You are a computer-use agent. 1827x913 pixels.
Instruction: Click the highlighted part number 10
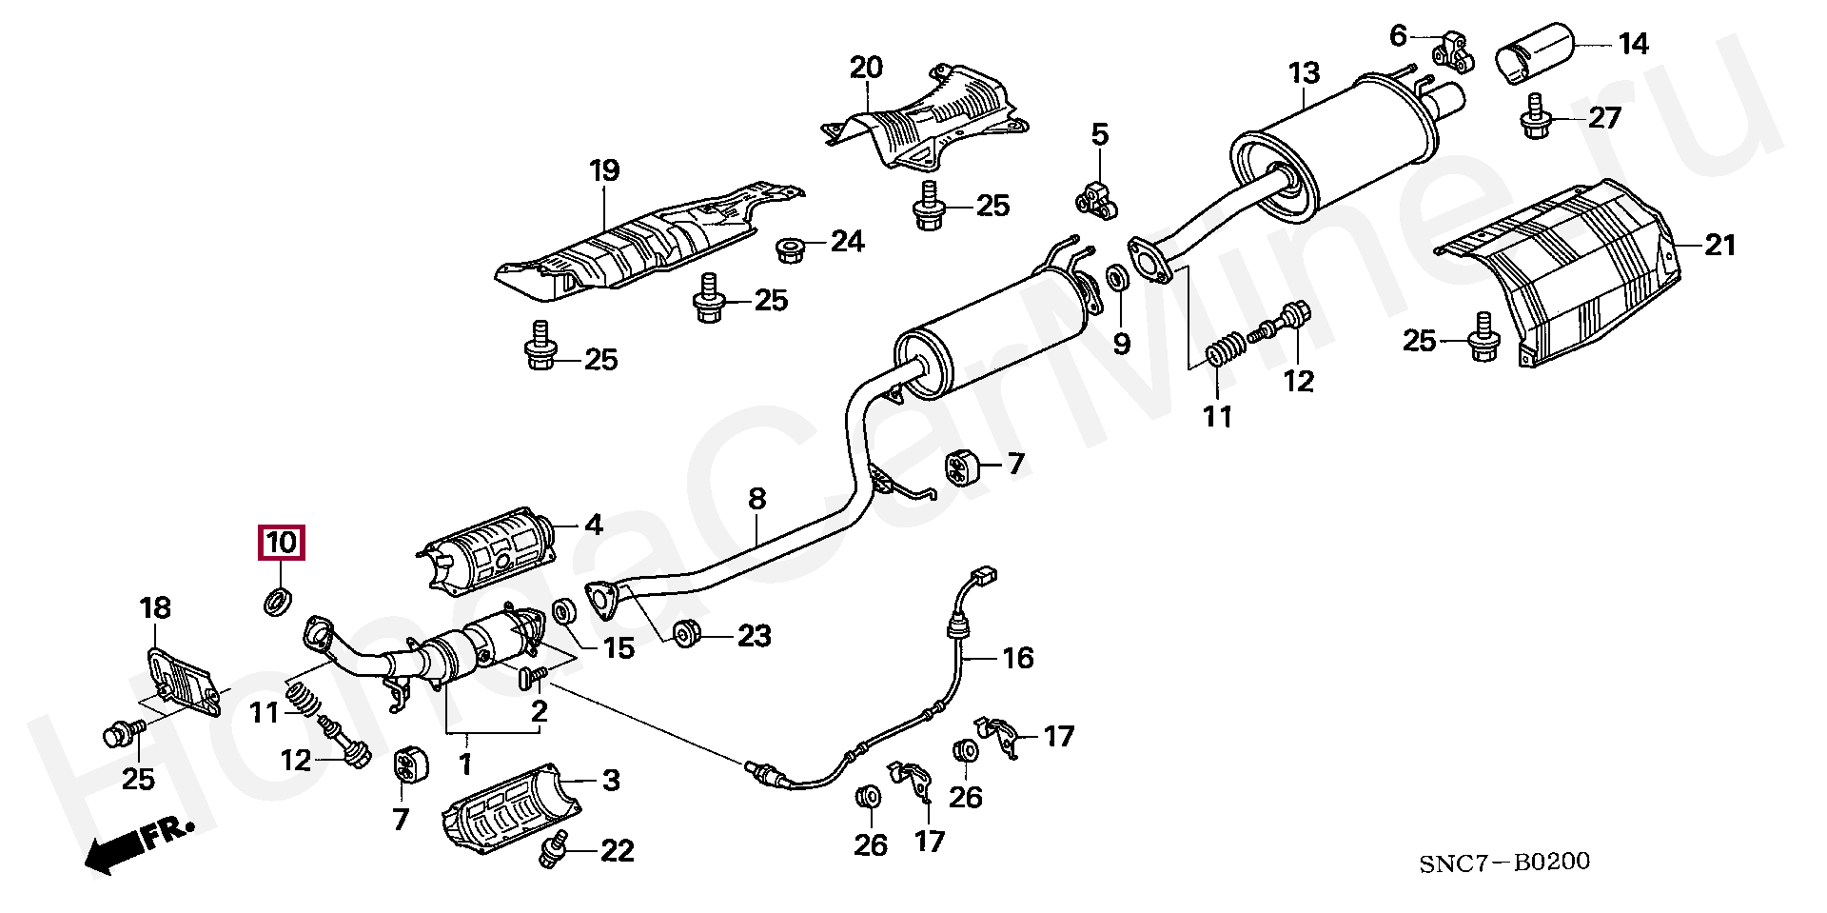tap(282, 543)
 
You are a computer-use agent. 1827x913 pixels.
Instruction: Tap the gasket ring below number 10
tap(278, 601)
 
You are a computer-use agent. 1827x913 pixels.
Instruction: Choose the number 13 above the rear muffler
tap(1304, 73)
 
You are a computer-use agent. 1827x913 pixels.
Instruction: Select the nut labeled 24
tap(789, 249)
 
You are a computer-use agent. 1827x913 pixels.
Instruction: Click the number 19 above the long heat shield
tap(604, 171)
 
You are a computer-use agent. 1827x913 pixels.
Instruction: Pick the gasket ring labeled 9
tap(1118, 279)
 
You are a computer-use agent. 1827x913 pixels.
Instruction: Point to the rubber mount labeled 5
tap(1096, 196)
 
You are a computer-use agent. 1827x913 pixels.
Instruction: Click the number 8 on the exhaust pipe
tap(756, 499)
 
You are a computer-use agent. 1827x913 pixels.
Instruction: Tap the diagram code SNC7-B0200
tap(1503, 863)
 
